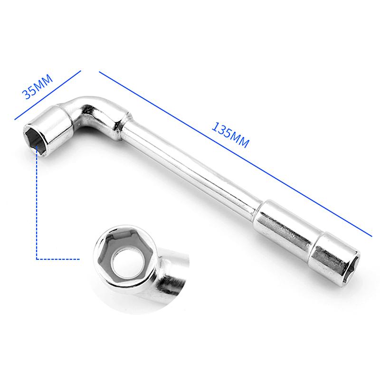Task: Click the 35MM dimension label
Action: (x=37, y=87)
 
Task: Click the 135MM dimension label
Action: (x=230, y=135)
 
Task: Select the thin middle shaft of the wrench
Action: (x=191, y=170)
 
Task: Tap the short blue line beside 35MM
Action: (x=47, y=95)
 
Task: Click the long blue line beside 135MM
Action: (x=235, y=153)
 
